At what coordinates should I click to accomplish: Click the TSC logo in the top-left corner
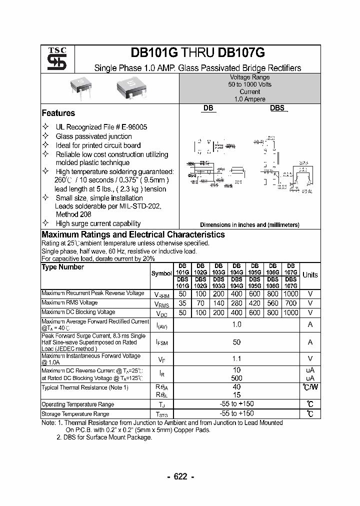coord(53,59)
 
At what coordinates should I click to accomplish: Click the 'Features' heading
coord(58,113)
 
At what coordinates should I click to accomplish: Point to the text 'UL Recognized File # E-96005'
coord(101,127)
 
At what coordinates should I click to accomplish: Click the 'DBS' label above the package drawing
coord(277,107)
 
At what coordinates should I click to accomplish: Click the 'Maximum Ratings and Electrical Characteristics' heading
coord(133,234)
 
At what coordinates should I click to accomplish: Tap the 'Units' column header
coord(310,275)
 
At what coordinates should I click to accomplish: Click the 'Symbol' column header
coord(161,273)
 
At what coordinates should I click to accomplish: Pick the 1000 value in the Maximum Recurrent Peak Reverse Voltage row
coord(290,294)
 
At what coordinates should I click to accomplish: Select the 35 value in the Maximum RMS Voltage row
coord(182,303)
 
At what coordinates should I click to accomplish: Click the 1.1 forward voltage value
coord(236,358)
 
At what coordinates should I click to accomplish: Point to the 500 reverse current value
coord(236,378)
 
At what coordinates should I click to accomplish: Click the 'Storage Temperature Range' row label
coord(75,414)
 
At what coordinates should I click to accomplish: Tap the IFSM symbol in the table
coord(161,342)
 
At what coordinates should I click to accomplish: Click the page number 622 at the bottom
coord(180,476)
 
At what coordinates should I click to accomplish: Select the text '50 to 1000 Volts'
coord(249,84)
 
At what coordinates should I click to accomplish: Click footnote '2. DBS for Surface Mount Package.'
coord(104,437)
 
